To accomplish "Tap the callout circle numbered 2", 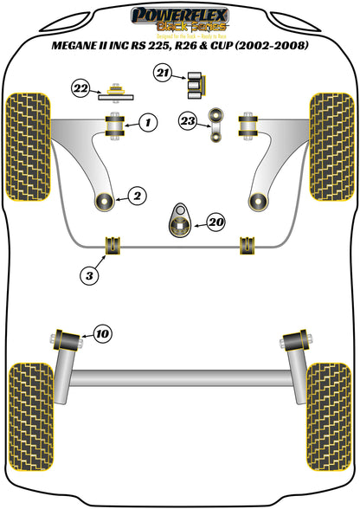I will [136, 197].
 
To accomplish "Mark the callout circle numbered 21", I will [162, 74].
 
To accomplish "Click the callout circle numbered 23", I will [186, 120].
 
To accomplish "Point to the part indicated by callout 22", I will [114, 92].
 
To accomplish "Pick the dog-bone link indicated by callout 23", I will [217, 123].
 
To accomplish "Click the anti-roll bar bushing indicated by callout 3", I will [111, 245].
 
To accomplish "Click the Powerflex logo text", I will [178, 15].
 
